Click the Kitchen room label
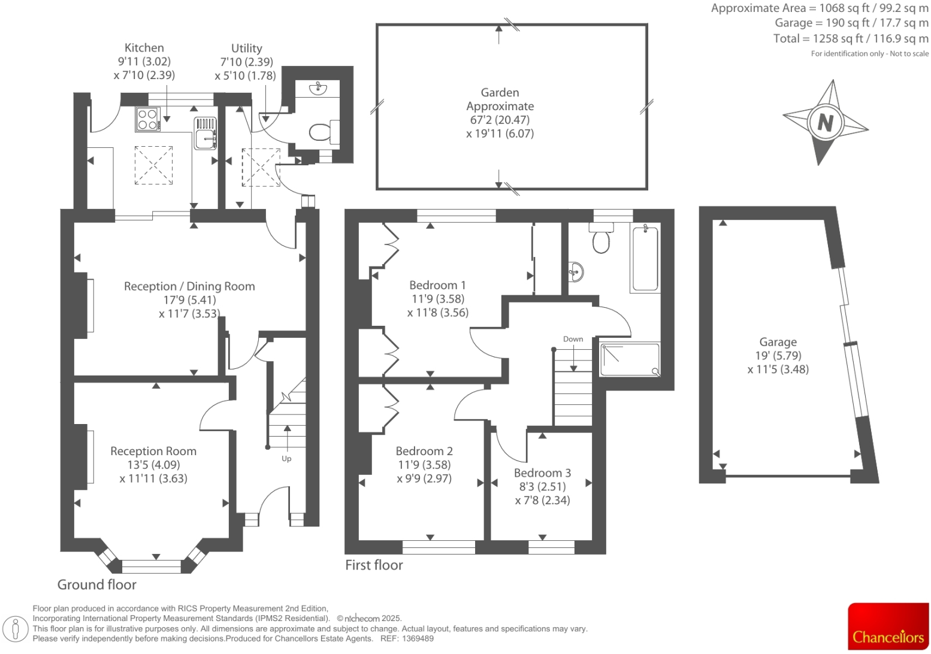tap(144, 48)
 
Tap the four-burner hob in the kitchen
tap(147, 119)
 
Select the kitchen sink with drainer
tap(205, 132)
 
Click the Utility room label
tap(246, 49)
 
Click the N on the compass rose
tap(826, 122)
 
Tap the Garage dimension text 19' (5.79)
tap(778, 356)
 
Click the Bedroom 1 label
tap(437, 285)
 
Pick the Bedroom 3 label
tap(542, 473)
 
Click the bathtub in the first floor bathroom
tap(645, 258)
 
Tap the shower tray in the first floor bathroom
tap(629, 359)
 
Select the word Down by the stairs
tap(573, 339)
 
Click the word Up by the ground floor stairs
tap(286, 459)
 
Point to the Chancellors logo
tap(888, 626)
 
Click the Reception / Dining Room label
tap(189, 286)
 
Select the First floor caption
tap(374, 565)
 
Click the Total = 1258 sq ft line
tap(850, 38)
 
